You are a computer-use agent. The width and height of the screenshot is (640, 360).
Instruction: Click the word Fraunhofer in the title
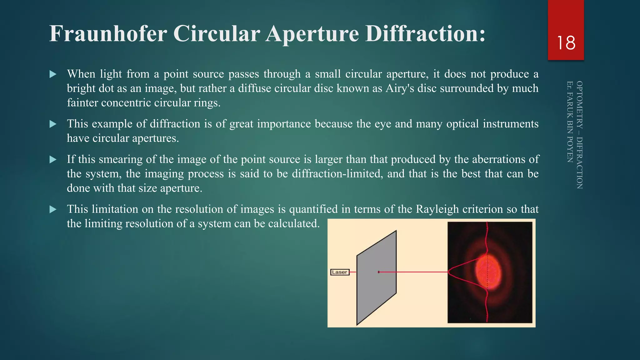pos(108,33)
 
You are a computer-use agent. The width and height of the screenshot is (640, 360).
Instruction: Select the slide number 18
pos(566,43)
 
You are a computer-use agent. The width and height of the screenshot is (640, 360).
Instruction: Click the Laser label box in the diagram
pos(340,272)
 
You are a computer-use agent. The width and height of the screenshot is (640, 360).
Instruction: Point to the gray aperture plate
pos(377,291)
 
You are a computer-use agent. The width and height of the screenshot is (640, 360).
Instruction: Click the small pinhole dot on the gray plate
pos(379,272)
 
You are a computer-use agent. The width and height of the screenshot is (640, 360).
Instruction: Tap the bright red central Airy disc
pos(487,272)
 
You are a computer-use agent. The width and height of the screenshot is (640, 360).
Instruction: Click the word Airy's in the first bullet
pos(400,88)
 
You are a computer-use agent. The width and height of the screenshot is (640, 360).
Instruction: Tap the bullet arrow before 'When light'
pos(53,74)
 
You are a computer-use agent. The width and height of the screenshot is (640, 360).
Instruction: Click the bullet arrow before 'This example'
pos(53,124)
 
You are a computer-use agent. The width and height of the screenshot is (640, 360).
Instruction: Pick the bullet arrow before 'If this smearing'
pos(53,160)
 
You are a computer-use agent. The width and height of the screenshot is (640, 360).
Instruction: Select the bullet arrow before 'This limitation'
pos(53,209)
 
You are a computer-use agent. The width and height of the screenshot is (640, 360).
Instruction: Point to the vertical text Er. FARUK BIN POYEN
pos(570,122)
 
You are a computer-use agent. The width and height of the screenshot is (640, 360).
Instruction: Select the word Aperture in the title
pos(312,33)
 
